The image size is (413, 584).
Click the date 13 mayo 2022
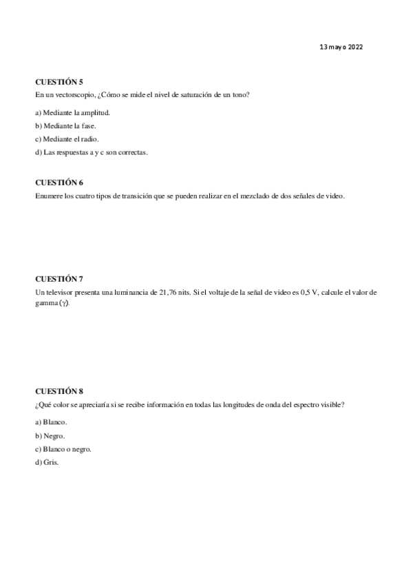[341, 48]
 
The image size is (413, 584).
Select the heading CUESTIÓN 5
[59, 82]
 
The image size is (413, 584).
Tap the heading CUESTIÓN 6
[59, 182]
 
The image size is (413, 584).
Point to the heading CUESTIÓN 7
[59, 279]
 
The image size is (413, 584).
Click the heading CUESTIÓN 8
[59, 391]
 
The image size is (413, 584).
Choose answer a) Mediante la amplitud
[72, 112]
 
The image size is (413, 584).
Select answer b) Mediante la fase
[65, 125]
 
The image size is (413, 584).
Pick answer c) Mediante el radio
[67, 139]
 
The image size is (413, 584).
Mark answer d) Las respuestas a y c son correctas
[92, 152]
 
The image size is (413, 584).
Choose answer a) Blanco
[56, 421]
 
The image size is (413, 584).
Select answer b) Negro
[54, 435]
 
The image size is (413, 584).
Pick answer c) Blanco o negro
[63, 449]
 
